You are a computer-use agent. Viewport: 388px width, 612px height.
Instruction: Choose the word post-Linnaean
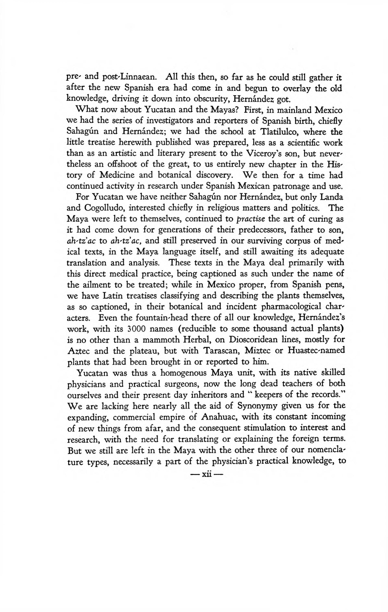(x=127, y=77)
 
